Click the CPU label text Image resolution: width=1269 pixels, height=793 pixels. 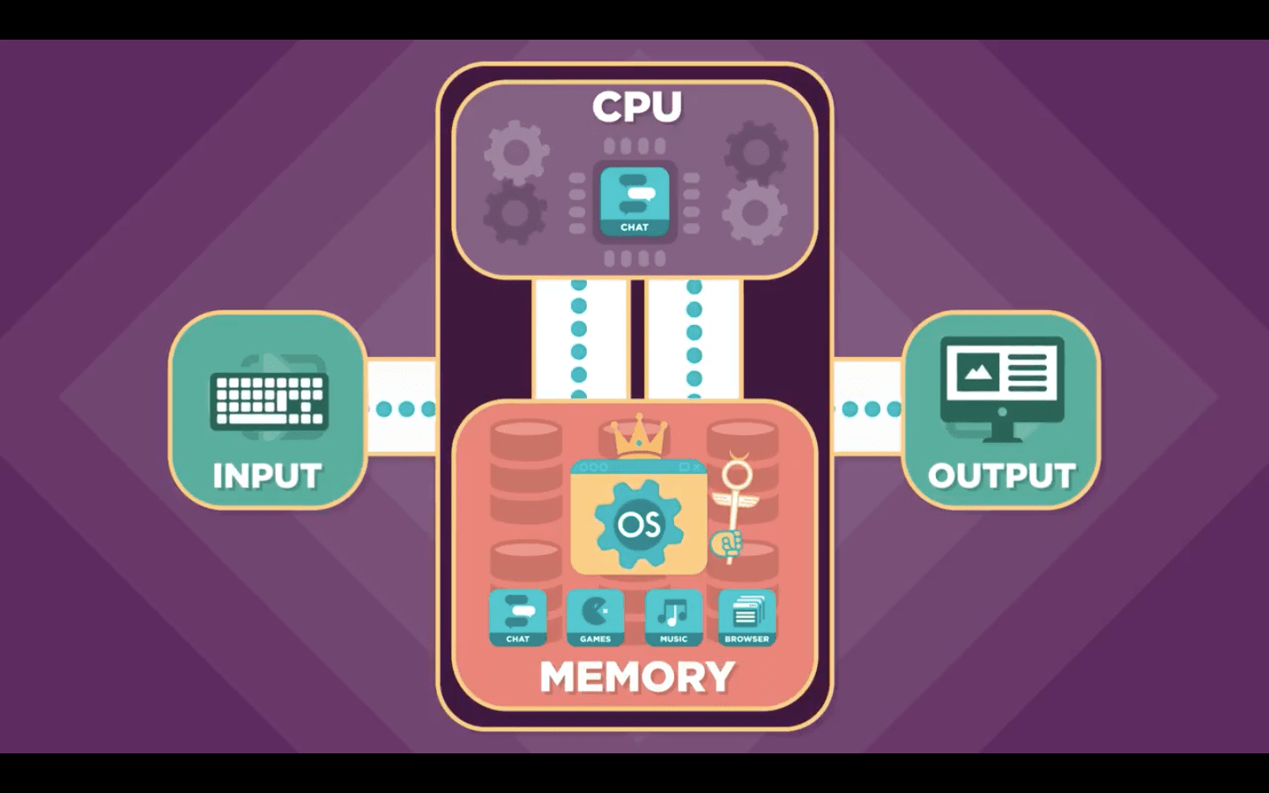coord(636,107)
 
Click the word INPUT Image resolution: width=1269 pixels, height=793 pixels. coord(267,476)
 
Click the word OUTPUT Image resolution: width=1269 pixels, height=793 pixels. coord(1001,476)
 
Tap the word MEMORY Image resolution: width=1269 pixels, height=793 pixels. coord(637,677)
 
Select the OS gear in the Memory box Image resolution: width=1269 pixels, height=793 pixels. coord(638,524)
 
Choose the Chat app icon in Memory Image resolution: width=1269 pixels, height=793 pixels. coord(517,617)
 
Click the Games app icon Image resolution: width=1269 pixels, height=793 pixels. coord(595,617)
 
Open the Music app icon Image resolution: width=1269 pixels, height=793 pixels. coord(673,617)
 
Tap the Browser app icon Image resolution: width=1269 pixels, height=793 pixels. coord(746,617)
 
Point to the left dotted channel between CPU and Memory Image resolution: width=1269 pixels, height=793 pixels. coord(579,339)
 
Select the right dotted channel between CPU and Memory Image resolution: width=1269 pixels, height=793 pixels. coord(694,339)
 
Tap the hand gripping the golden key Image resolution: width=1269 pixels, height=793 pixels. coord(728,545)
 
